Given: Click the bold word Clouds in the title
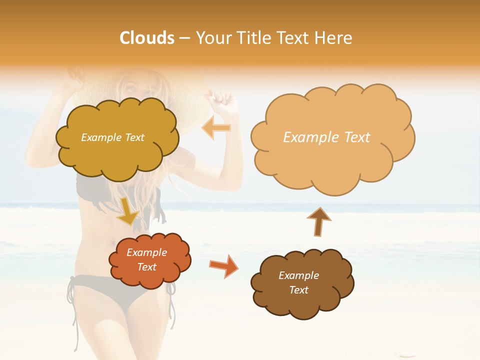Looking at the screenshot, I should click(147, 38).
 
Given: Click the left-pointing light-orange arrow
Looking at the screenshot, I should click(216, 128).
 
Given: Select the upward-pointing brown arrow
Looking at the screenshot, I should click(318, 221).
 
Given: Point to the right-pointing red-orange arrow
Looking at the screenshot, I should click(223, 265).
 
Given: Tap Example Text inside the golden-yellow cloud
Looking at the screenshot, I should click(112, 137).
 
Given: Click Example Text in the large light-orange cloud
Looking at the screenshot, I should click(326, 137).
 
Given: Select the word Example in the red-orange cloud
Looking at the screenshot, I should click(146, 252).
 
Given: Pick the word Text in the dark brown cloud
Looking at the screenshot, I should click(298, 290).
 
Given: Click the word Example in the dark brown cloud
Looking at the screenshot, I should click(298, 275).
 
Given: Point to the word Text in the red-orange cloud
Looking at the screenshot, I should click(146, 267).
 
